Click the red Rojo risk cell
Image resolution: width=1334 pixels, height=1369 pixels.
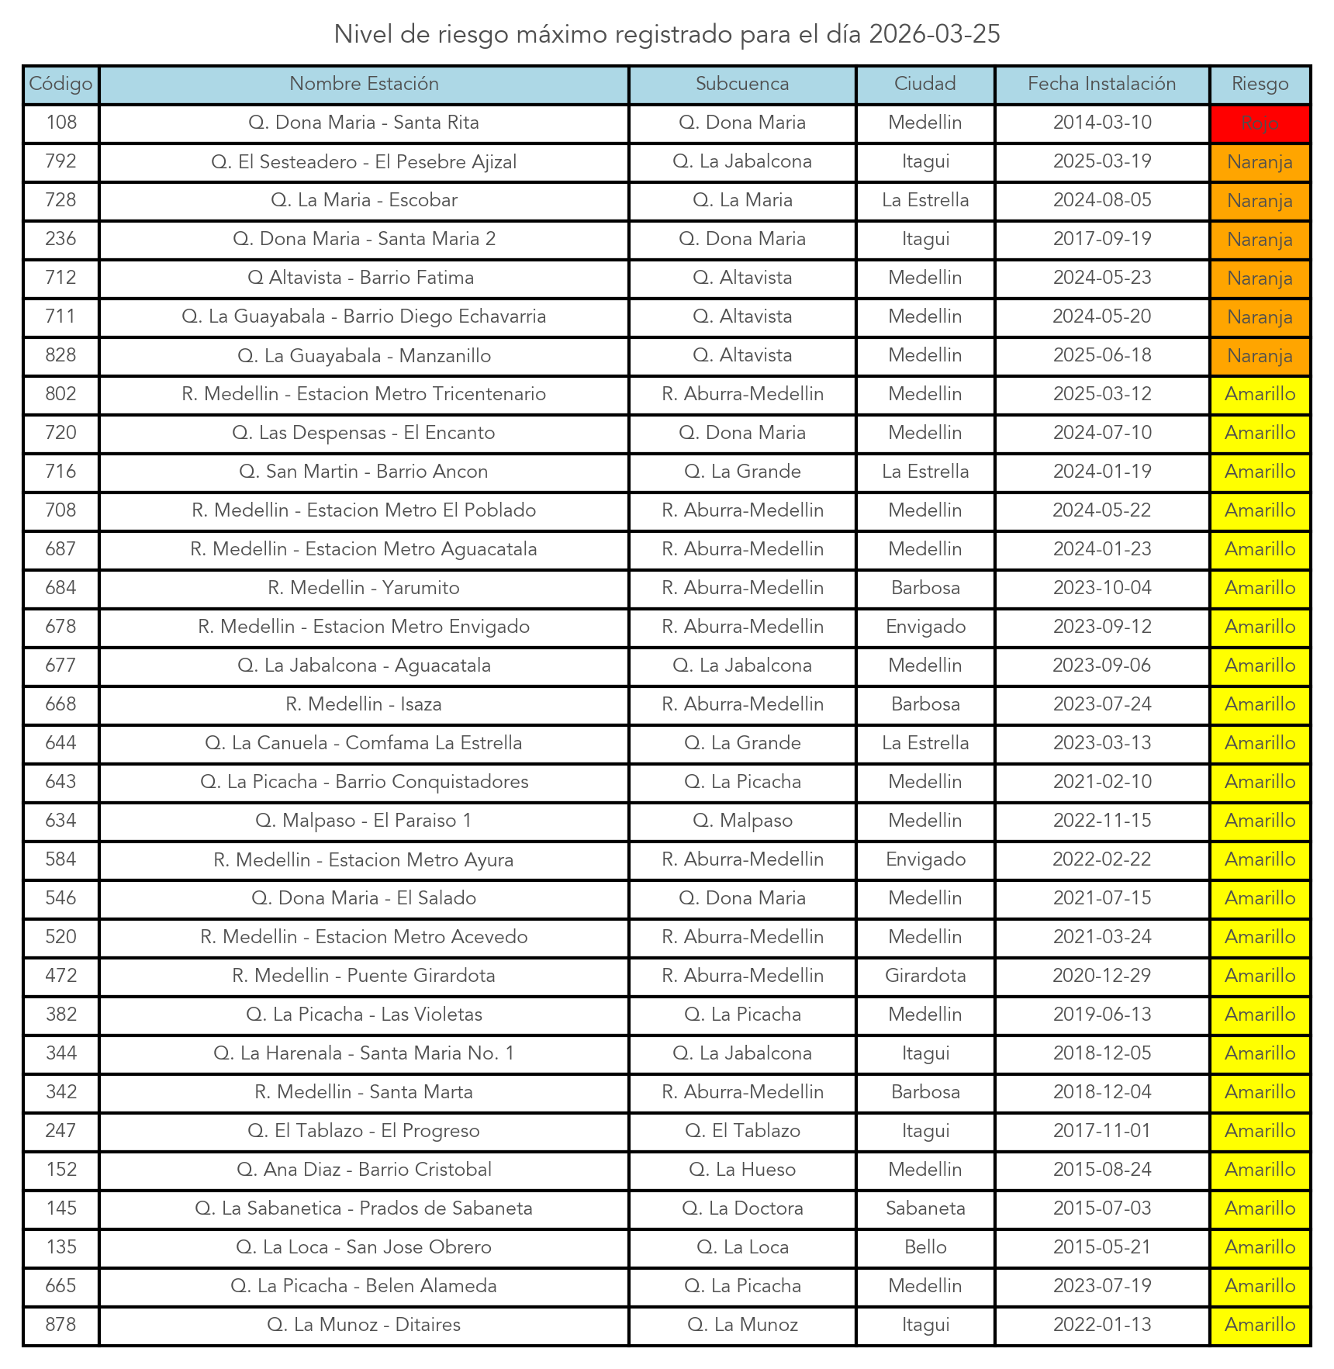click(x=1260, y=123)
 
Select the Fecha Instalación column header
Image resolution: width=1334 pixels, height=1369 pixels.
click(x=1101, y=85)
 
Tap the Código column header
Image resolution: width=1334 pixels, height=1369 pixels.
click(x=61, y=85)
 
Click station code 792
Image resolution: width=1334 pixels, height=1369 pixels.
click(x=61, y=162)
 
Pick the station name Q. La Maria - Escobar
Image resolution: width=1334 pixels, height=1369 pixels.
click(x=364, y=201)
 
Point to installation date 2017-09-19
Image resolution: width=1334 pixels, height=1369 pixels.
click(x=1101, y=240)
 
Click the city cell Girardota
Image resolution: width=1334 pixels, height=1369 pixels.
click(x=925, y=976)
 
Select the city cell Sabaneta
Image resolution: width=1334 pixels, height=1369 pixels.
click(x=925, y=1208)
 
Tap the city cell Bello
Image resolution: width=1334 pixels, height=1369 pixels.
click(x=925, y=1247)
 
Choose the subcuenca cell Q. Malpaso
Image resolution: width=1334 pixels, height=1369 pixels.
click(x=742, y=821)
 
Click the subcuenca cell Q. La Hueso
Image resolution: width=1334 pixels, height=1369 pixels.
click(x=742, y=1170)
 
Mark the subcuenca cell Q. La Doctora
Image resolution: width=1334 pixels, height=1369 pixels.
click(x=742, y=1208)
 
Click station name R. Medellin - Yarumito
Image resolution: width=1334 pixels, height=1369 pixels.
click(x=364, y=588)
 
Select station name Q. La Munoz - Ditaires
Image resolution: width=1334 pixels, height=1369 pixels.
click(x=364, y=1325)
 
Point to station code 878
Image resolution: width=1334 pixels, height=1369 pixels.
click(x=61, y=1325)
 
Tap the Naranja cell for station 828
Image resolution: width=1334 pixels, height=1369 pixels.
click(x=1260, y=356)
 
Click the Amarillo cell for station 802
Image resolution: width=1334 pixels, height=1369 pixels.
click(x=1260, y=395)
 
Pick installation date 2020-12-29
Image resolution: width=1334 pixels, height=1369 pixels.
click(x=1101, y=976)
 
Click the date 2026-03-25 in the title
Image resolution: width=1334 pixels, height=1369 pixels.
click(x=935, y=35)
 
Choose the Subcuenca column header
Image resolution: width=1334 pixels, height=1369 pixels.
click(x=742, y=85)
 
